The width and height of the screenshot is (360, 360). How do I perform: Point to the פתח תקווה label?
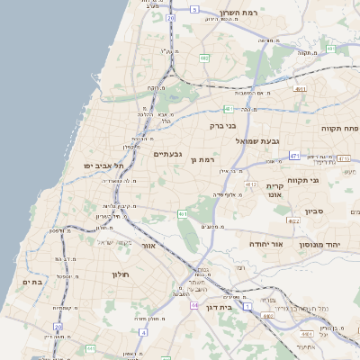[339, 129]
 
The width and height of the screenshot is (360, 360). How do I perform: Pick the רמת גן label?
[205, 159]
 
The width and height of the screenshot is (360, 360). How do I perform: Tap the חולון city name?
[121, 274]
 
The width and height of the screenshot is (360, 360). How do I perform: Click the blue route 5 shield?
[193, 9]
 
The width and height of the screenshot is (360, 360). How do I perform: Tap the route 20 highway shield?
[170, 18]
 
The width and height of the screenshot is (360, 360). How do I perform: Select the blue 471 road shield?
[294, 156]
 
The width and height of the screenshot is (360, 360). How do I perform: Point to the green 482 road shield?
[205, 58]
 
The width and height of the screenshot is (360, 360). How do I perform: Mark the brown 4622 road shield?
[294, 220]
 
